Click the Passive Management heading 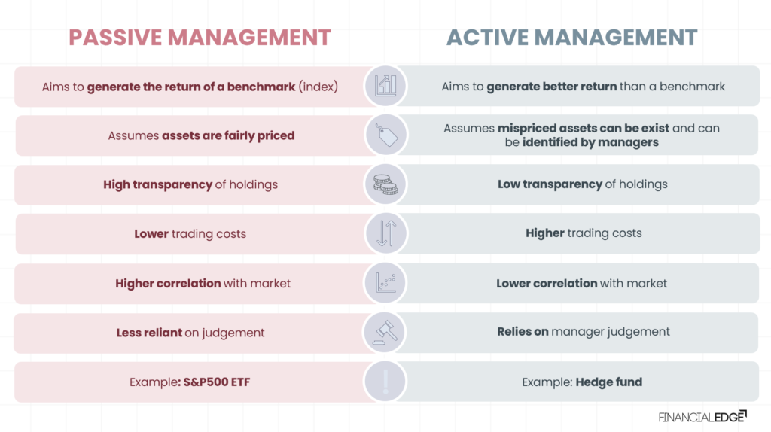[x=200, y=37]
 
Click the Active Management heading [x=572, y=37]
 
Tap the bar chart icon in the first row [x=385, y=86]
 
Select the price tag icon [x=385, y=135]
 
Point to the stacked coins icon [x=385, y=184]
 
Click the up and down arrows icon [x=385, y=233]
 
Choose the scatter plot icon [x=385, y=283]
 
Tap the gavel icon [x=385, y=332]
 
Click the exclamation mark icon [x=385, y=382]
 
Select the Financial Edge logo [x=702, y=416]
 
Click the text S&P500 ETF [x=217, y=382]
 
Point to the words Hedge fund [x=608, y=382]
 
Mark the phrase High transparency [x=157, y=184]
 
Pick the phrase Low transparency [x=550, y=184]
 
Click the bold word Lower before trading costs [x=151, y=233]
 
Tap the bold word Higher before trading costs [x=545, y=233]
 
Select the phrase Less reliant [x=148, y=333]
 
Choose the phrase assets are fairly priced [x=228, y=136]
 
